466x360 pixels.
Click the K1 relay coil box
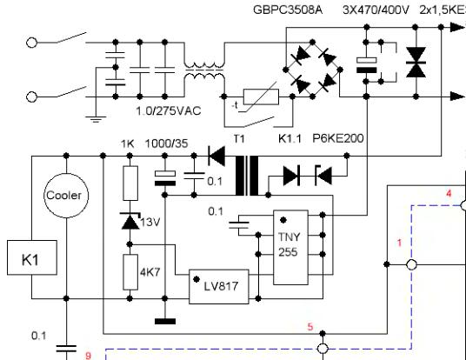(32, 257)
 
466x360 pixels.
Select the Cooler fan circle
(66, 196)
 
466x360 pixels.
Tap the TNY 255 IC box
(290, 247)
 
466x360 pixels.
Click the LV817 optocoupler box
(219, 287)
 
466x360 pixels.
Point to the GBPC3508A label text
(288, 10)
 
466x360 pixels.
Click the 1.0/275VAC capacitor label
(169, 111)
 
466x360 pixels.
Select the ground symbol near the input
(96, 119)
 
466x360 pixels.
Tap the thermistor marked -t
(261, 97)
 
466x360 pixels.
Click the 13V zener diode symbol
(130, 221)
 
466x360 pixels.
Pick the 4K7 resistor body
(130, 272)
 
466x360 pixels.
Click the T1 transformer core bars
(247, 176)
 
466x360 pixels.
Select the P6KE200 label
(338, 138)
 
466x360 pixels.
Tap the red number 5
(310, 327)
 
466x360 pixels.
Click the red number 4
(449, 194)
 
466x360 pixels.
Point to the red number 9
(88, 356)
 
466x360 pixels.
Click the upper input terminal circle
(31, 43)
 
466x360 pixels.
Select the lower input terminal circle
(31, 97)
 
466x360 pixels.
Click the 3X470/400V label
(376, 10)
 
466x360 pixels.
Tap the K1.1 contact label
(290, 138)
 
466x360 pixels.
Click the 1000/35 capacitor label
(166, 143)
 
